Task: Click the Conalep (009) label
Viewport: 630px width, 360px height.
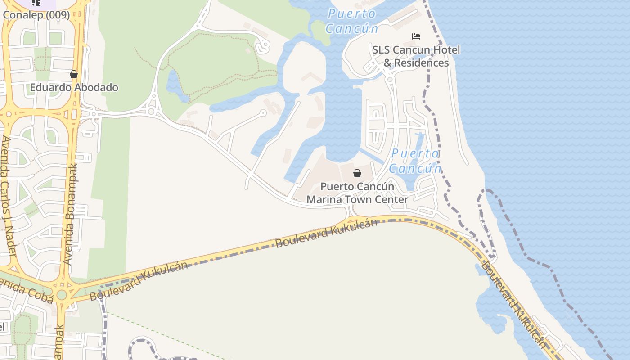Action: pyautogui.click(x=36, y=15)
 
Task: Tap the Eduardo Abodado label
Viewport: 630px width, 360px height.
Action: pyautogui.click(x=74, y=87)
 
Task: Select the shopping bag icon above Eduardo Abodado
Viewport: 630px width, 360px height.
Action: pyautogui.click(x=74, y=74)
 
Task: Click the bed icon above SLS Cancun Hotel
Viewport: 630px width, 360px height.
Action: pyautogui.click(x=416, y=36)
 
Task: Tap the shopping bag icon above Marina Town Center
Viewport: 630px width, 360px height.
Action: pyautogui.click(x=357, y=173)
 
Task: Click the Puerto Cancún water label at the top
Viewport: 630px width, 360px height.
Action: pyautogui.click(x=352, y=21)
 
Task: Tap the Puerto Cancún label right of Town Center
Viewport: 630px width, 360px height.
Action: pyautogui.click(x=415, y=161)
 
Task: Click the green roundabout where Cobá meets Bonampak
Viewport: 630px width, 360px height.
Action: pyautogui.click(x=62, y=295)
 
